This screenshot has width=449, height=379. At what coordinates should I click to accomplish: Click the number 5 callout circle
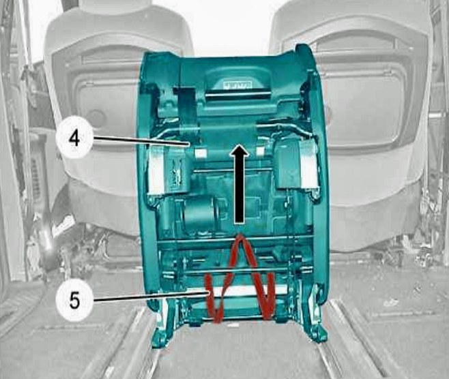pyautogui.click(x=74, y=301)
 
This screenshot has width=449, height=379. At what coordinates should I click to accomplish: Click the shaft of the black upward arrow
pyautogui.click(x=239, y=189)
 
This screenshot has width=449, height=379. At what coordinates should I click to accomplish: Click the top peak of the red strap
pyautogui.click(x=240, y=237)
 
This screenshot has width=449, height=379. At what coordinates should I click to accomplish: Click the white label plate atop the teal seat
pyautogui.click(x=237, y=85)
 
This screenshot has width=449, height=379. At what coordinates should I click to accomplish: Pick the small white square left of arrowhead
pyautogui.click(x=200, y=153)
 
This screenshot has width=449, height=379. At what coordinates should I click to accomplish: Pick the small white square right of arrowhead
pyautogui.click(x=260, y=151)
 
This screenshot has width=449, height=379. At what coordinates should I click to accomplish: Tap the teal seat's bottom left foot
pyautogui.click(x=160, y=338)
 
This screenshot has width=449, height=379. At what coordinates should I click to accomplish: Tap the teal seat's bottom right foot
pyautogui.click(x=317, y=333)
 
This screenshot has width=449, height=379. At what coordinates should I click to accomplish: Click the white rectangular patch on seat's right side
pyautogui.click(x=309, y=168)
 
